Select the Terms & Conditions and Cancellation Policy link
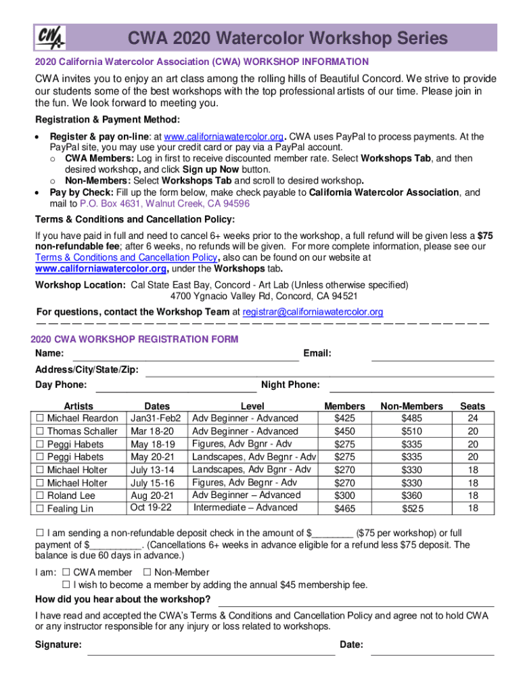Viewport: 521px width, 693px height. point(126,258)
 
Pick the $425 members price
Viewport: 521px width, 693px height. point(344,418)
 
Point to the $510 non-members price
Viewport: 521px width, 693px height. point(411,431)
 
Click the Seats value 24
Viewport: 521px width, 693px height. point(472,418)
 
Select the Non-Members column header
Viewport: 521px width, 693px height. point(411,406)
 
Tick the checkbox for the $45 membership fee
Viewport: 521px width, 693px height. point(66,585)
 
